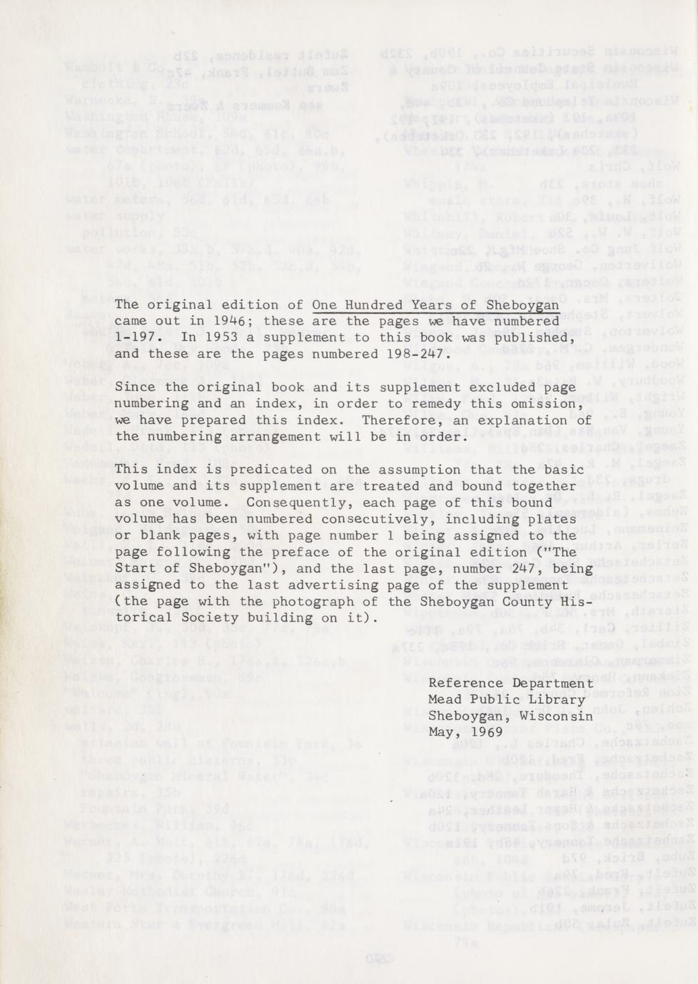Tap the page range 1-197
(x=132, y=337)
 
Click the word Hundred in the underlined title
(x=371, y=304)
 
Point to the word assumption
(x=409, y=469)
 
